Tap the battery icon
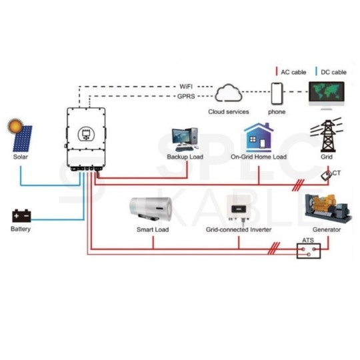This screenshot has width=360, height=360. pyautogui.click(x=21, y=215)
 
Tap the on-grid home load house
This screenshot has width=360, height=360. pyautogui.click(x=259, y=137)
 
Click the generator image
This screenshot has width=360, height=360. pyautogui.click(x=327, y=208)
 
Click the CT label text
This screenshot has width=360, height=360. pyautogui.click(x=337, y=173)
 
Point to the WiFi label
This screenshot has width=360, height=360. pyautogui.click(x=189, y=87)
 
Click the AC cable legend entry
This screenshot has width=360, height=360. pyautogui.click(x=291, y=71)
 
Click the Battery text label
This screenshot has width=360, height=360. pyautogui.click(x=21, y=229)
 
